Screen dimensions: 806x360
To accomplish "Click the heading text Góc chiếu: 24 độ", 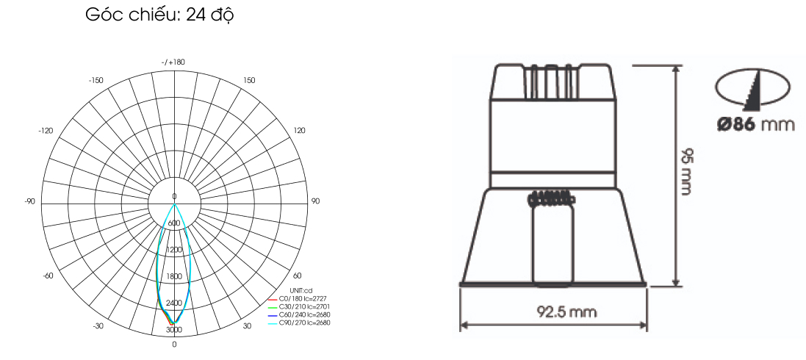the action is [159, 15].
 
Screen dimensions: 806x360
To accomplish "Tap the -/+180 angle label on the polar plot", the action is [173, 62].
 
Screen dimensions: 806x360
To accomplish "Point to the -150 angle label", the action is [96, 81].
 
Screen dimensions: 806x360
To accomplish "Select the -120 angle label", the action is [46, 131].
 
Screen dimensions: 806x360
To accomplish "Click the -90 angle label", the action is [29, 201].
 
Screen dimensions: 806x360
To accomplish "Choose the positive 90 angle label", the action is [314, 201].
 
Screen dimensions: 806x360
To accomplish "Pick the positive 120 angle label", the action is [299, 131].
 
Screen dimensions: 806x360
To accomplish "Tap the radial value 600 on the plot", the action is [174, 223].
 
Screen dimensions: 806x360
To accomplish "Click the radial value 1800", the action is [174, 277].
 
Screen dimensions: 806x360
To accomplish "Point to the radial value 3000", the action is [174, 329].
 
